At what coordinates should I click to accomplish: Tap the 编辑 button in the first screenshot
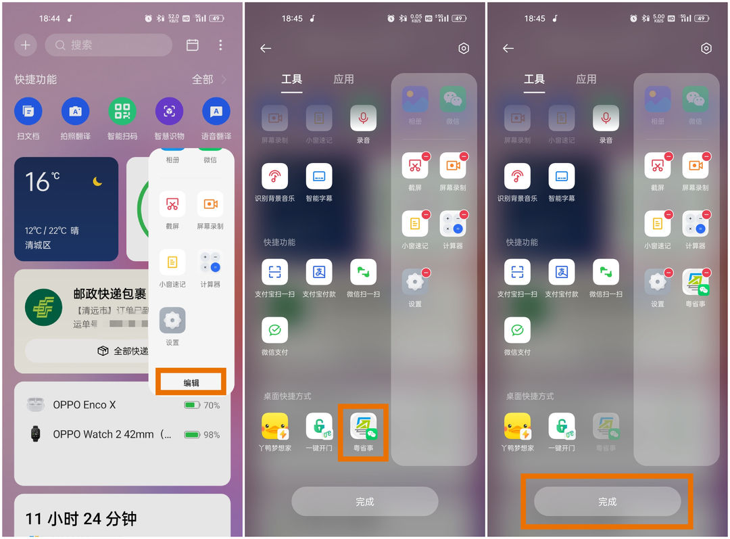coord(191,382)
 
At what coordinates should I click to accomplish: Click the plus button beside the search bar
coord(26,45)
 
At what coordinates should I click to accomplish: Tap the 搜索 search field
coord(108,45)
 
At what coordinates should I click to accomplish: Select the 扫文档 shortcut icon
coord(28,112)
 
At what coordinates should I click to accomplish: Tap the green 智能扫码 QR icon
coord(122,112)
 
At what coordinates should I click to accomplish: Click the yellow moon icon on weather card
coord(98,181)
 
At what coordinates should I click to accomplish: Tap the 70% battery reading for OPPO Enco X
coord(211,405)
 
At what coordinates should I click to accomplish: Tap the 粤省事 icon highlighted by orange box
coord(363,426)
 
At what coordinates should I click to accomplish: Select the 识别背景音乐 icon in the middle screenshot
coord(274,177)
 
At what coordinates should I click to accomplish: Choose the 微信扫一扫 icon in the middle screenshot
coord(363,272)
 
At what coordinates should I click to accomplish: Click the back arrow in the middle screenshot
coord(266,48)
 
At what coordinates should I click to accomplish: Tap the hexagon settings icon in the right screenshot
coord(706,48)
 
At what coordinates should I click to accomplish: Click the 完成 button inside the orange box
coord(607,502)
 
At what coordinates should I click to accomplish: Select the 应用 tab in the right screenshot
coord(586,79)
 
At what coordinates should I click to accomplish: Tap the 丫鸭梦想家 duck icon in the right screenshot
coord(517,426)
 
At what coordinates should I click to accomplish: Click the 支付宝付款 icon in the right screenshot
coord(562,272)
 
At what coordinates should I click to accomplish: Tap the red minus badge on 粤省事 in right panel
coord(706,273)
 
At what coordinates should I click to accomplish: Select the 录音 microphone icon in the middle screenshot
coord(363,118)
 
